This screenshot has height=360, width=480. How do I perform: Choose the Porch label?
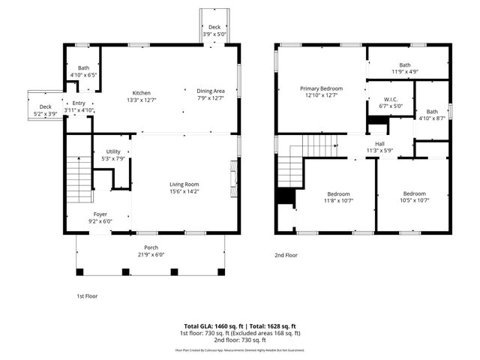click(x=151, y=250)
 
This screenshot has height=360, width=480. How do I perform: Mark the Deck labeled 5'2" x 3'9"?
click(x=45, y=110)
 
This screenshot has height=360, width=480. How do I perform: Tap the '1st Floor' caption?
click(x=87, y=296)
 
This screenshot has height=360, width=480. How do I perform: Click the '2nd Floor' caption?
click(x=286, y=255)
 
